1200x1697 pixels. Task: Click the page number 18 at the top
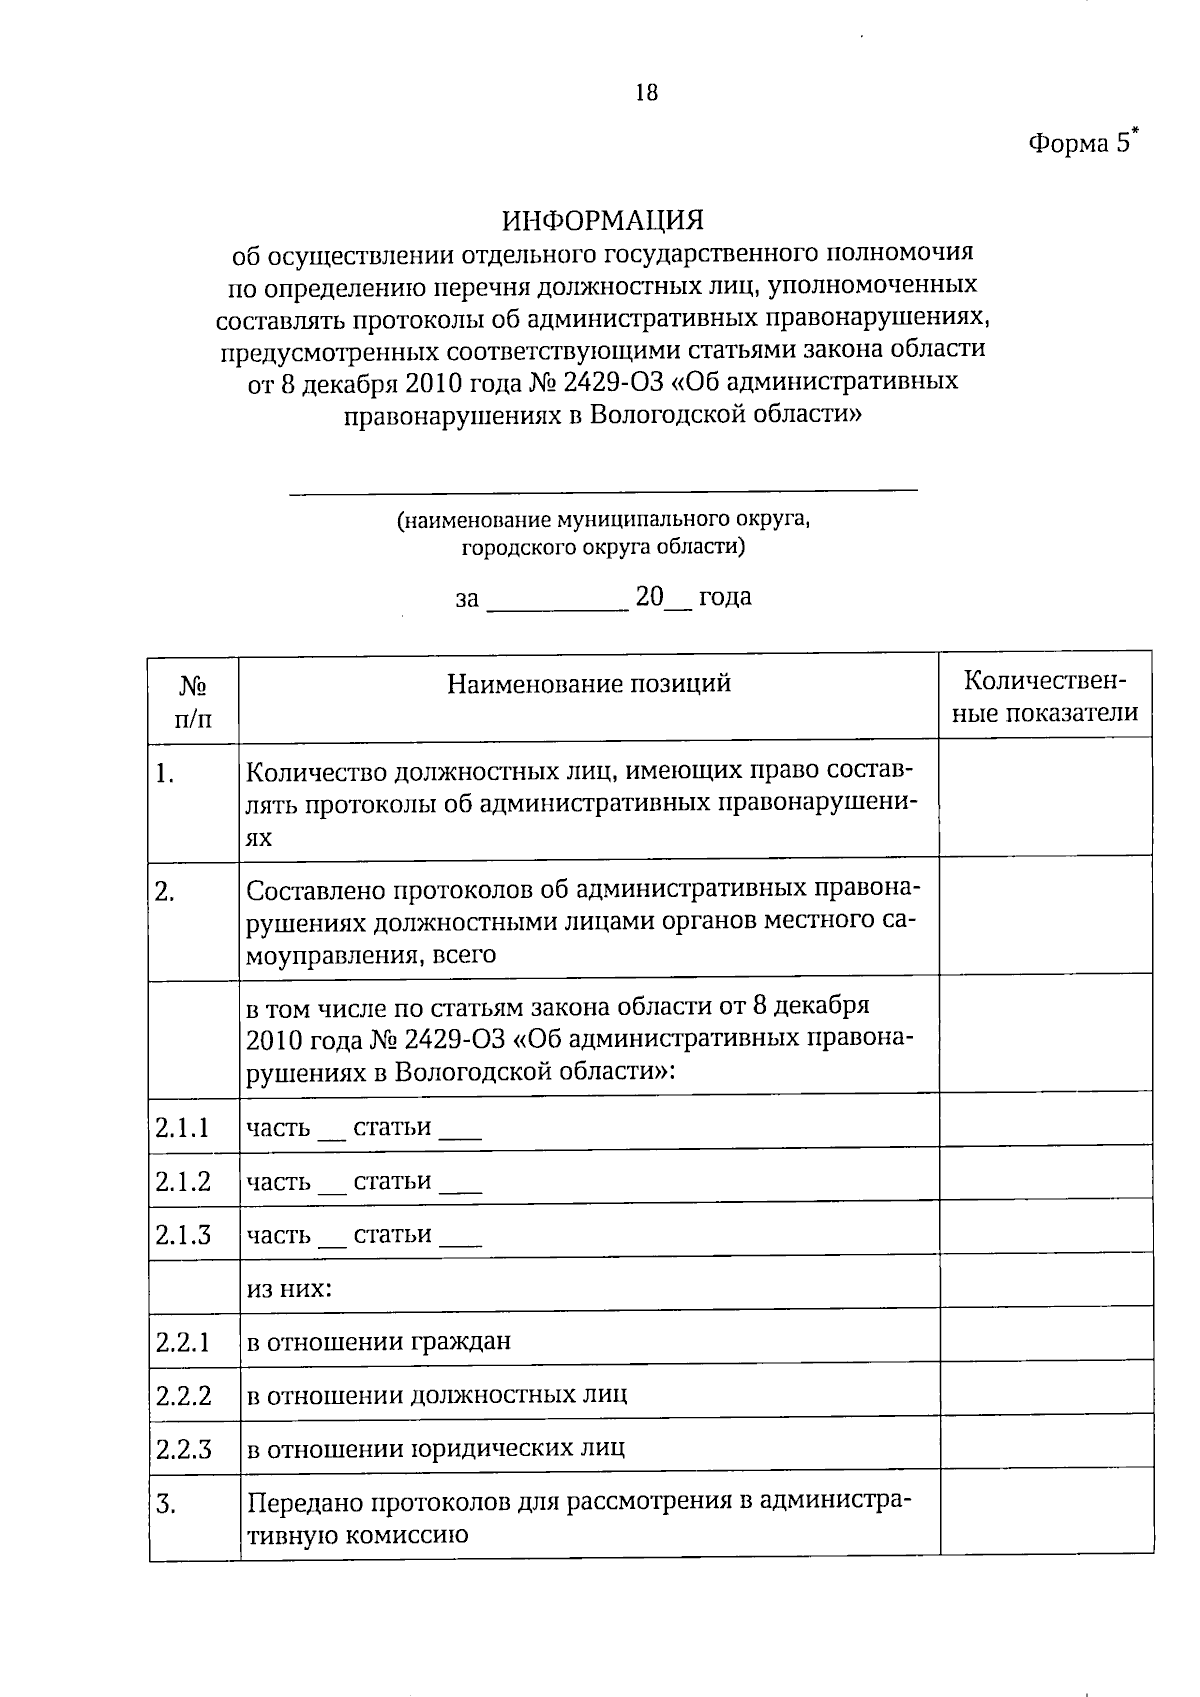click(x=646, y=93)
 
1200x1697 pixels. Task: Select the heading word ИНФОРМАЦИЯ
click(x=603, y=219)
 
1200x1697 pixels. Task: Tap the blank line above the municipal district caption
click(x=603, y=489)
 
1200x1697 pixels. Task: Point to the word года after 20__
click(x=725, y=598)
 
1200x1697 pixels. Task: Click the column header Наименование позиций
click(x=588, y=684)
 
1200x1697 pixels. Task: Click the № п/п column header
click(x=193, y=702)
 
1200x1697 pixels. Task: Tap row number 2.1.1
click(x=183, y=1128)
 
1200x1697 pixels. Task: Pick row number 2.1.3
click(x=183, y=1235)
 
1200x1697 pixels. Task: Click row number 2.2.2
click(x=183, y=1395)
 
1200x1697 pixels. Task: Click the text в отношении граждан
click(x=378, y=1342)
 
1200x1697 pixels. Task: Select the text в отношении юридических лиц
click(x=436, y=1448)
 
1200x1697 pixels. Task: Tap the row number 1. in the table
click(x=166, y=774)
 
